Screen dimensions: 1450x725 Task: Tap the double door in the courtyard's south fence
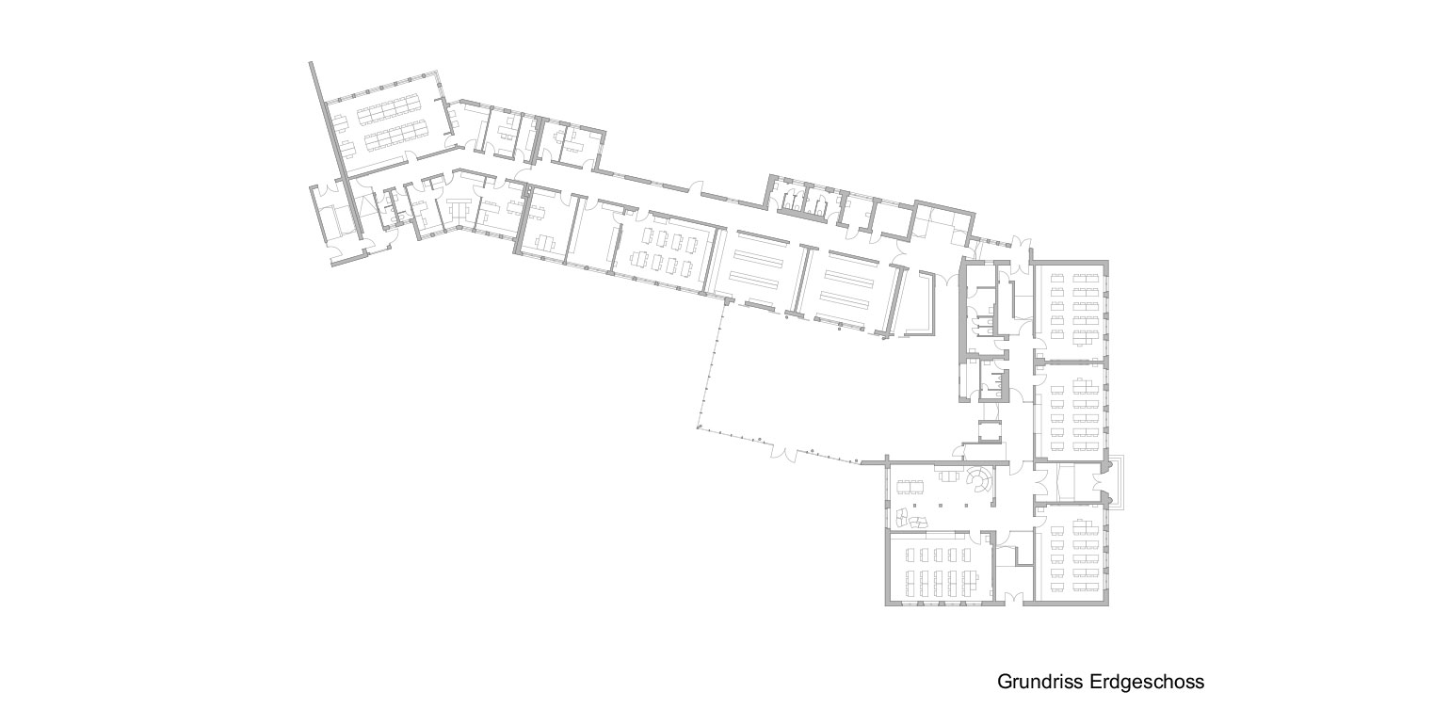tap(783, 452)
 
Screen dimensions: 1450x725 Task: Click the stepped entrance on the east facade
tap(1115, 482)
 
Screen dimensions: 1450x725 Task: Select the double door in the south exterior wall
tap(1014, 598)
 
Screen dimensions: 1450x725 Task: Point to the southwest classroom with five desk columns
tap(939, 567)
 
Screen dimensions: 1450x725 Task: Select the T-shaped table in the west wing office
tap(459, 207)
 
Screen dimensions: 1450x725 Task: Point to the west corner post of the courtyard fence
tap(698, 427)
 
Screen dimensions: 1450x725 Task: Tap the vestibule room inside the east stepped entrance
tap(1066, 482)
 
